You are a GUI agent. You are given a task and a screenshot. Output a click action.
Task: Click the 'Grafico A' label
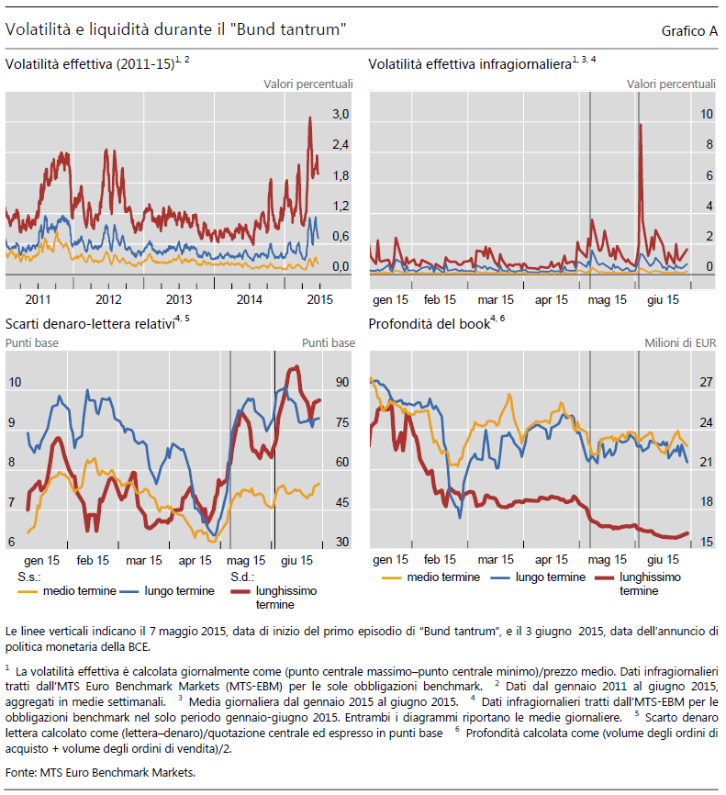click(689, 31)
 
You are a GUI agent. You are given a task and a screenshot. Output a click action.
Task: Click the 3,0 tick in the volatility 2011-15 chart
click(341, 114)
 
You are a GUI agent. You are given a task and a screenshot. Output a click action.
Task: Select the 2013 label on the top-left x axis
click(179, 299)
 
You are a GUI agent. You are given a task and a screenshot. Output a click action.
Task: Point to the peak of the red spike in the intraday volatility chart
click(640, 125)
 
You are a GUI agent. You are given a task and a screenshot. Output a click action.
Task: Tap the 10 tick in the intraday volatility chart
click(707, 114)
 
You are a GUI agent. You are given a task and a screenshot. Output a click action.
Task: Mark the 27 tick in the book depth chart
click(707, 382)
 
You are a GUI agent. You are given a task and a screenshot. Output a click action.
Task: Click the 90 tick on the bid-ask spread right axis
click(341, 382)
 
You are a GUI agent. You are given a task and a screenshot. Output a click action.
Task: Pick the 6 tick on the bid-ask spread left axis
click(11, 542)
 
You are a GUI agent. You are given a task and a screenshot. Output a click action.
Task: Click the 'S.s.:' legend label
click(29, 577)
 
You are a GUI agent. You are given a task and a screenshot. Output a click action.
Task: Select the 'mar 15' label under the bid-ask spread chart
click(142, 560)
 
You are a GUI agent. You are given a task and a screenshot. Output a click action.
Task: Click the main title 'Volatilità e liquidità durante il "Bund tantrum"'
click(175, 30)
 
